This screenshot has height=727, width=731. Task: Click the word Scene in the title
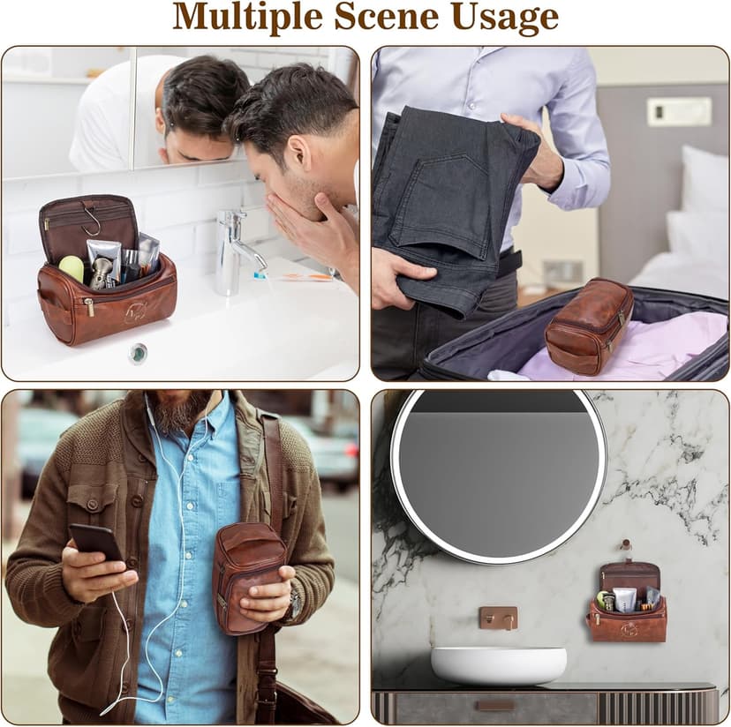pyautogui.click(x=386, y=18)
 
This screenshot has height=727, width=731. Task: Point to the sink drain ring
pyautogui.click(x=138, y=352)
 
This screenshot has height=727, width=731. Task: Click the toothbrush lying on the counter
pyautogui.click(x=294, y=276)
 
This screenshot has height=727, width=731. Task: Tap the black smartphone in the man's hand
pyautogui.click(x=96, y=544)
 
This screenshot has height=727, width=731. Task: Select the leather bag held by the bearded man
pyautogui.click(x=248, y=578)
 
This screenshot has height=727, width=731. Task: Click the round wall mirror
pyautogui.click(x=498, y=476)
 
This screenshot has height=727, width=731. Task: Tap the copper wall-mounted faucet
pyautogui.click(x=498, y=618)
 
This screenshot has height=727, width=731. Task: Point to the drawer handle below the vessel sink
pyautogui.click(x=496, y=706)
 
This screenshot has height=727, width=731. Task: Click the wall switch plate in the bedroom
pyautogui.click(x=679, y=111)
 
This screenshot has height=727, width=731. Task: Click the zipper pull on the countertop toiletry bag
pyautogui.click(x=89, y=307)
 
